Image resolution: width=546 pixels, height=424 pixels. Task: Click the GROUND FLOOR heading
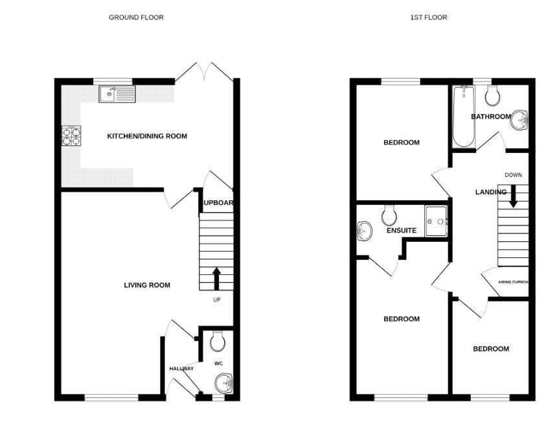136,18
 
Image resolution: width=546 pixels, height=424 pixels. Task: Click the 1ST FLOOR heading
428,18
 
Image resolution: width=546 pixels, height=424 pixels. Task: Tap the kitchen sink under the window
117,95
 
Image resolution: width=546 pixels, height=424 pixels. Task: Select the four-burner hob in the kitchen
71,135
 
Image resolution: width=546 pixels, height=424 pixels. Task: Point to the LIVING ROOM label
147,285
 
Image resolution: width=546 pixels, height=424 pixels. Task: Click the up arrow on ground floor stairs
216,277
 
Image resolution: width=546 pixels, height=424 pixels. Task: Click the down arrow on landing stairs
513,196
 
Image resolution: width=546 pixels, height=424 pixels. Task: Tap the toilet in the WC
217,340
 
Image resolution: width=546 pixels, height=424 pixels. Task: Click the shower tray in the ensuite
436,221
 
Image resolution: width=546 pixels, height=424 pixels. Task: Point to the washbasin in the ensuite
364,230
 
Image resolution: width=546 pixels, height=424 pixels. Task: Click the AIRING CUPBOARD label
513,282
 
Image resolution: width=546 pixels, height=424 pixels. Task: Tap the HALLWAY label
181,369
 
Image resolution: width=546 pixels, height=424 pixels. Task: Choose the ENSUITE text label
402,230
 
